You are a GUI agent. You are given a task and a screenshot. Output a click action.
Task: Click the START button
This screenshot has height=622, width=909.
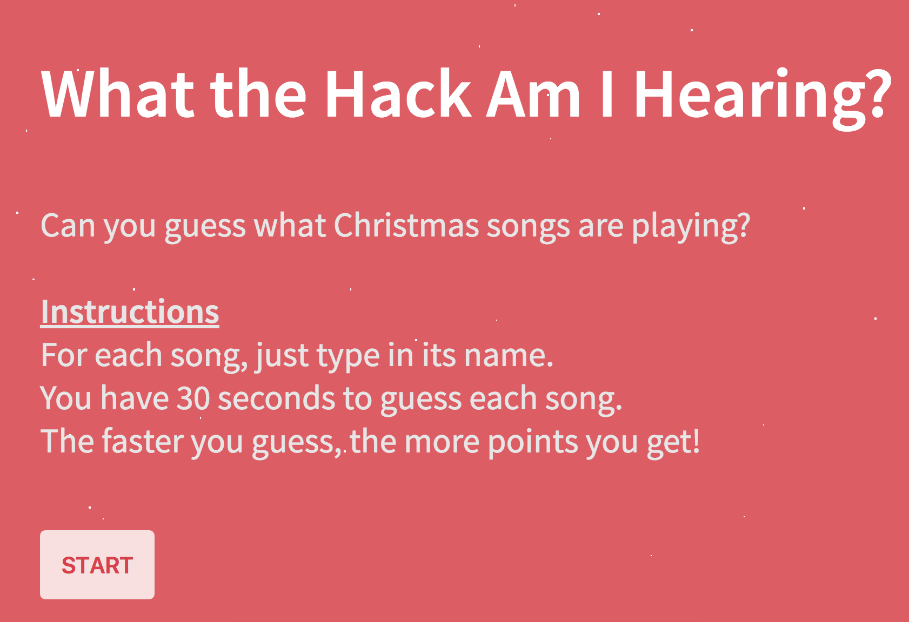tap(97, 564)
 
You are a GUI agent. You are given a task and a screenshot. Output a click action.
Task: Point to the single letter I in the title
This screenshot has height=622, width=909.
tap(607, 93)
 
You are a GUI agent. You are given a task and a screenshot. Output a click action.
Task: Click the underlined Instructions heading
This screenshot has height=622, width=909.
tap(130, 312)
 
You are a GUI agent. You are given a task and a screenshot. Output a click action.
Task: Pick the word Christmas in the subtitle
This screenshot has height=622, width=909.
tap(406, 225)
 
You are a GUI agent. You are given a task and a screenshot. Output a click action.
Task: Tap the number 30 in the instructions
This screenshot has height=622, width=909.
tap(193, 398)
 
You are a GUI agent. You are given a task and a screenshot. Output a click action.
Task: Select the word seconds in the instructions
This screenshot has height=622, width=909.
tap(276, 398)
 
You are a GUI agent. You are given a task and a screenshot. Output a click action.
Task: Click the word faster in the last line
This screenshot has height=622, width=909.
tap(143, 441)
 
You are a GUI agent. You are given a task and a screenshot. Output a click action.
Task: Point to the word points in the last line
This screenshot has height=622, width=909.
tap(533, 442)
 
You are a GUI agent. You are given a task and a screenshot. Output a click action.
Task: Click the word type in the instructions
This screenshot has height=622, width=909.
tap(348, 356)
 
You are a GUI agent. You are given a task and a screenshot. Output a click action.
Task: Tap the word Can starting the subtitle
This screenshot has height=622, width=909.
tap(68, 225)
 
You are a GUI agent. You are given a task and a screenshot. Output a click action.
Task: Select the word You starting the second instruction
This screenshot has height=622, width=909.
tap(66, 398)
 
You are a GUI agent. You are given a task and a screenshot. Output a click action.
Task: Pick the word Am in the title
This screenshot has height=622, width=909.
tap(533, 93)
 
